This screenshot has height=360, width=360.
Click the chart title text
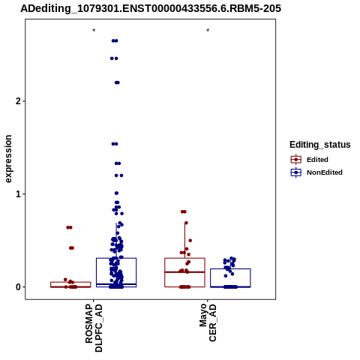[151, 9]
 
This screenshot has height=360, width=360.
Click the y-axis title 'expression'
[8, 159]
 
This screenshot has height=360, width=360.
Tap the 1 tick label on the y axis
[19, 194]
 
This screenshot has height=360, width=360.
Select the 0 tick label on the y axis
[19, 287]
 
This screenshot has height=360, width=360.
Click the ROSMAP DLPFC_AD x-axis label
[94, 328]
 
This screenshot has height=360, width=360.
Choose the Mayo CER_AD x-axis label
[208, 322]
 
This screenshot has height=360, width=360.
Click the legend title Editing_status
[320, 145]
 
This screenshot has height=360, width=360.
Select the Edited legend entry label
[317, 160]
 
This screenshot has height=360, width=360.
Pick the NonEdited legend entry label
[325, 172]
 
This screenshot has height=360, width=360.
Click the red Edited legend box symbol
[296, 160]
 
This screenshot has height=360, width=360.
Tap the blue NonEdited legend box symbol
[296, 172]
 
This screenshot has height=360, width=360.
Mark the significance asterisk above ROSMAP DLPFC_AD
[94, 31]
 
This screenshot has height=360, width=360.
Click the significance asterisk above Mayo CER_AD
[208, 31]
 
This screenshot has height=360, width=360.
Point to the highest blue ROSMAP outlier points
[115, 40]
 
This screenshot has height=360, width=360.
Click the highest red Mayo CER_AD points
[184, 211]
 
